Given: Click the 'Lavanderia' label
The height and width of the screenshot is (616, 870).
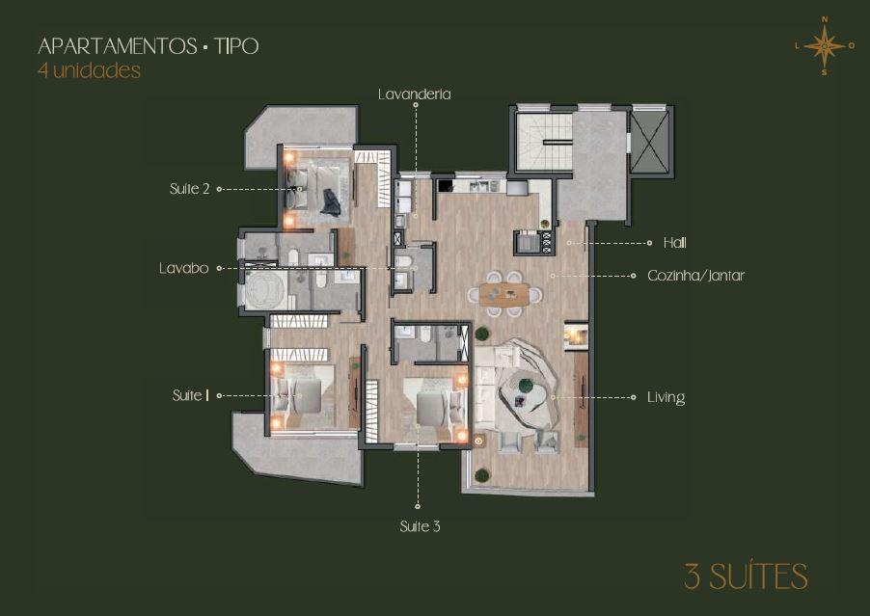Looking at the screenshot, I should tap(415, 94).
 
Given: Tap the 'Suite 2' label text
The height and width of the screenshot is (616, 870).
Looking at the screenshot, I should tap(189, 189).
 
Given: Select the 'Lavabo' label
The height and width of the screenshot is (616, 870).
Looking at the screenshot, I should tap(183, 268).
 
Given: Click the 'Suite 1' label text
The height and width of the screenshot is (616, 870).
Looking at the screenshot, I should tap(190, 395).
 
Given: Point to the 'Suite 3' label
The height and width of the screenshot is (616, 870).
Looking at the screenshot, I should tap(420, 526).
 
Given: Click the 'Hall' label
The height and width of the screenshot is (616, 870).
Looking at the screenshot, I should tap(675, 243).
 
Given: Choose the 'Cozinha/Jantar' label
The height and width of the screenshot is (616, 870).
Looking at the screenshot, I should tap(695, 276).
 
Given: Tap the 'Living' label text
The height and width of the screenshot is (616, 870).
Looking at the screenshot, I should tap(666, 397).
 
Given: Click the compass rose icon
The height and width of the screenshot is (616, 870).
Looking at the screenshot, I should tap(824, 45).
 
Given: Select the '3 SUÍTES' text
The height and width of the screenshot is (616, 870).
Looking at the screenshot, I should tap(746, 576).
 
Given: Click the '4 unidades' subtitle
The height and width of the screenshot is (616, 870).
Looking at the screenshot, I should tap(90, 70).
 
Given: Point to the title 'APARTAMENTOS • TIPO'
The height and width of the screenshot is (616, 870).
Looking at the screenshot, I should tap(149, 46).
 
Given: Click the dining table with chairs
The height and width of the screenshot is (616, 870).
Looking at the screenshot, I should tap(504, 293).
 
